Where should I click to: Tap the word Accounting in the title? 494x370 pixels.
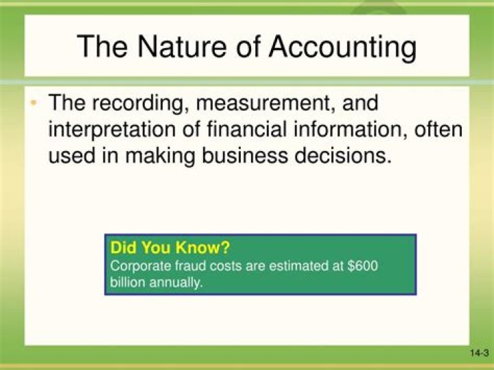point(342,47)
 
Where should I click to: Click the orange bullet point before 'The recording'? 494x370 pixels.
point(32,104)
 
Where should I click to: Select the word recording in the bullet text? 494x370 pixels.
point(141,105)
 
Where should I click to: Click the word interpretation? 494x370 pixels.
point(117,130)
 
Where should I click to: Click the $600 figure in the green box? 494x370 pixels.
point(363,266)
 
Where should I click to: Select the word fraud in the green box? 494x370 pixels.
point(178,266)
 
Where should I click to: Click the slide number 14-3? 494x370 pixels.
point(478,354)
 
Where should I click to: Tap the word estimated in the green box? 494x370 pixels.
point(290,266)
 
